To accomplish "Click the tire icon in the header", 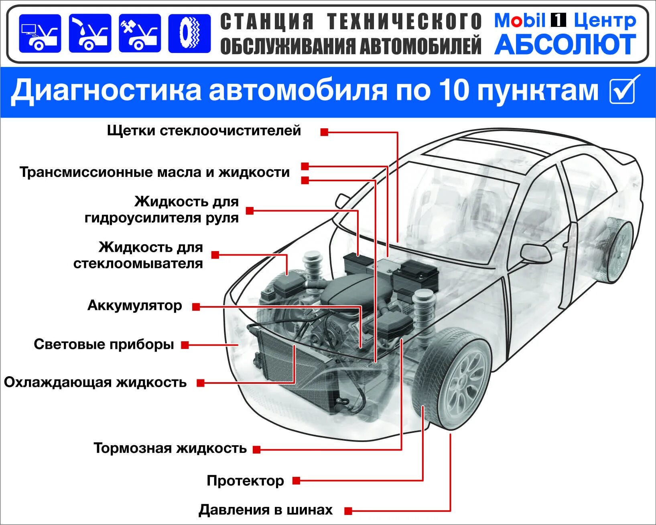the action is (189, 34).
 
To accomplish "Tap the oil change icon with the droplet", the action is (90, 34).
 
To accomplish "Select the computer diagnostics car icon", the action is (40, 34).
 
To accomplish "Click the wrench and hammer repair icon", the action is (140, 34).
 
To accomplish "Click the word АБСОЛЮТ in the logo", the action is (565, 45).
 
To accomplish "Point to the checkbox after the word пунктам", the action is (624, 90).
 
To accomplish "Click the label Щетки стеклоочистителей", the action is (204, 131).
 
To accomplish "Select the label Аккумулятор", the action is (135, 306).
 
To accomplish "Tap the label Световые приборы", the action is (104, 345).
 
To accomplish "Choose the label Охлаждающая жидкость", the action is (95, 382).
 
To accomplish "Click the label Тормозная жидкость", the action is (170, 448).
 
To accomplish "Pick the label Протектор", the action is (245, 480).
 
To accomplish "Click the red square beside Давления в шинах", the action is (348, 511).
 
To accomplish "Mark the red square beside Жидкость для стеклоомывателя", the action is (215, 255).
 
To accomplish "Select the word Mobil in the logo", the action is (520, 21).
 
